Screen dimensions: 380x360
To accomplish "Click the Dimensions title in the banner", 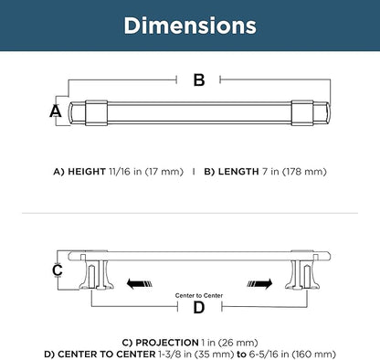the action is coord(190,26).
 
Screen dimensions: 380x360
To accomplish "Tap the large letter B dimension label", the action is coord(199,80).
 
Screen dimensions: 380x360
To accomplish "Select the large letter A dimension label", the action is coord(56,111).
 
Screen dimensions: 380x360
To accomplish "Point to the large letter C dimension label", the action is coord(58,270).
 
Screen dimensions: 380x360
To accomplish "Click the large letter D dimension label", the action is coord(199,308).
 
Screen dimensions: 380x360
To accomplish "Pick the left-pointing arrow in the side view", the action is coord(139,283).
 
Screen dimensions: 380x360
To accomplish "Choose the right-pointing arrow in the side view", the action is coord(259,284).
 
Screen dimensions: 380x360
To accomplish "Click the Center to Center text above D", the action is coord(199,295).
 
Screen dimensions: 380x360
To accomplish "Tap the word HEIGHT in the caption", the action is coord(87,172).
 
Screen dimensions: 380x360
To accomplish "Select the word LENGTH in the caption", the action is coord(238,172).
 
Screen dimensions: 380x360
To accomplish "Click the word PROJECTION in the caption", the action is coord(167,343).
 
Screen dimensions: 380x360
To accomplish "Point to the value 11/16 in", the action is coord(125,172).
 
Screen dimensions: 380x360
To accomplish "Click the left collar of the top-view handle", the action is coord(96,112).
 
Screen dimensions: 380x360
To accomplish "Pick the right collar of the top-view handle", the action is coord(302,112).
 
